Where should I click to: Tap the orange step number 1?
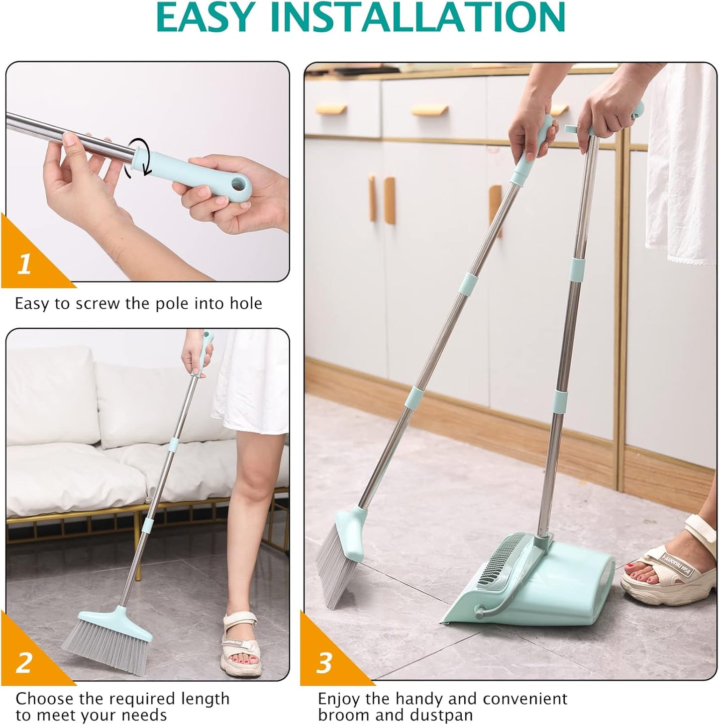24,264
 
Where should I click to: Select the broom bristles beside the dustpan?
338,572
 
